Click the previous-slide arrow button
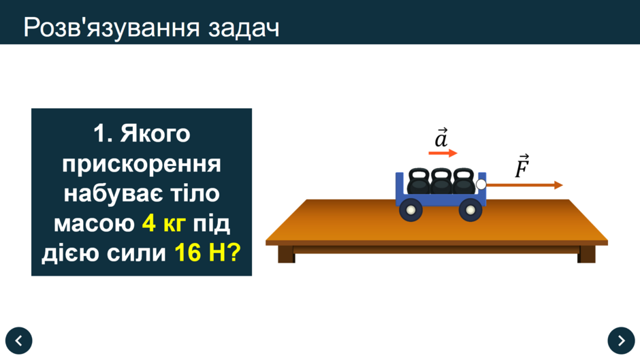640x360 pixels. point(19,340)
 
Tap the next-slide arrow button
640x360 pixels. point(621,340)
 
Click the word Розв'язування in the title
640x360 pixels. point(112,28)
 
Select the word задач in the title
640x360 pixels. point(244,29)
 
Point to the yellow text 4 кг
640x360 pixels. point(163,223)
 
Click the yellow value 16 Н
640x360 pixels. point(200,252)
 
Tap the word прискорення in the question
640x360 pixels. point(142,164)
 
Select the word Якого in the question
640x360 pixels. point(155,134)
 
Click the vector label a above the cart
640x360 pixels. point(441,137)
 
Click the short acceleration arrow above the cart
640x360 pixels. point(443,153)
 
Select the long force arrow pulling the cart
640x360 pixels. point(524,185)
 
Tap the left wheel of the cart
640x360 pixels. point(411,210)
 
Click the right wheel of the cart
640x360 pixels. point(470,210)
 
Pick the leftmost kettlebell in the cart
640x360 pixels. point(418,181)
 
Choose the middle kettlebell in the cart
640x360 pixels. point(441,181)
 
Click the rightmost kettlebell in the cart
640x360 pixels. point(464,181)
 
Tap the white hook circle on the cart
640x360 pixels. point(481,184)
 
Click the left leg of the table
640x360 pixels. point(286,255)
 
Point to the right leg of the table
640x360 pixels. point(586,255)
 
